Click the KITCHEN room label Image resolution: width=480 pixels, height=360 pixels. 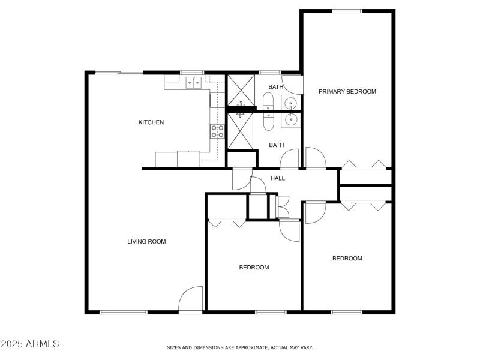pos(151,122)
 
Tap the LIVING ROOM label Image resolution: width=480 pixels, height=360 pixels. pos(146,242)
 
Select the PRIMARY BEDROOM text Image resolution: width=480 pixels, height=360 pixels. pos(347,92)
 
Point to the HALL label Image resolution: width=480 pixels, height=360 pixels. pos(278,178)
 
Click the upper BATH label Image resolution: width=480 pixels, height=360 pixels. pos(276,87)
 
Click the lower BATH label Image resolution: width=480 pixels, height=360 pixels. pos(276,145)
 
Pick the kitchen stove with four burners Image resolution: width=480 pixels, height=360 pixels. pos(217,131)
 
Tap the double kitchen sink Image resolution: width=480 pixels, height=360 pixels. pos(193,82)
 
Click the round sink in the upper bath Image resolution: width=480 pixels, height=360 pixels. pos(290,102)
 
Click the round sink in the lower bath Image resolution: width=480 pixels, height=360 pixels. pos(290,120)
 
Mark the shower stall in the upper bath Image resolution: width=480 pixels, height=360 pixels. pos(241,91)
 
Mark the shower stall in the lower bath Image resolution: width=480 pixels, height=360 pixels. pos(241,131)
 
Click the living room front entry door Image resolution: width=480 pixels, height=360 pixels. pos(191,299)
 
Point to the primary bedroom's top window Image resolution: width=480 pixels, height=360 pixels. pos(347,11)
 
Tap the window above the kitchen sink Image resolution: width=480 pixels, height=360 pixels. pos(193,73)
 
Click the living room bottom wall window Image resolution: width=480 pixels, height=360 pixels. pos(123,312)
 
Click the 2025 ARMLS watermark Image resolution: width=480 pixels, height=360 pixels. pos(30,344)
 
